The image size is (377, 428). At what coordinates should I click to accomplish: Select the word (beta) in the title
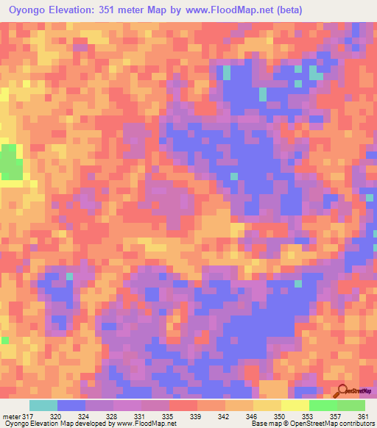click(285, 10)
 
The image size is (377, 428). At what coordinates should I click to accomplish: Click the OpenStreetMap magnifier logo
click(343, 391)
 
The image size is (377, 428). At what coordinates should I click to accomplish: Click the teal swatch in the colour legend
click(43, 405)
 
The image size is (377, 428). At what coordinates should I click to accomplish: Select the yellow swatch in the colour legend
click(295, 405)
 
